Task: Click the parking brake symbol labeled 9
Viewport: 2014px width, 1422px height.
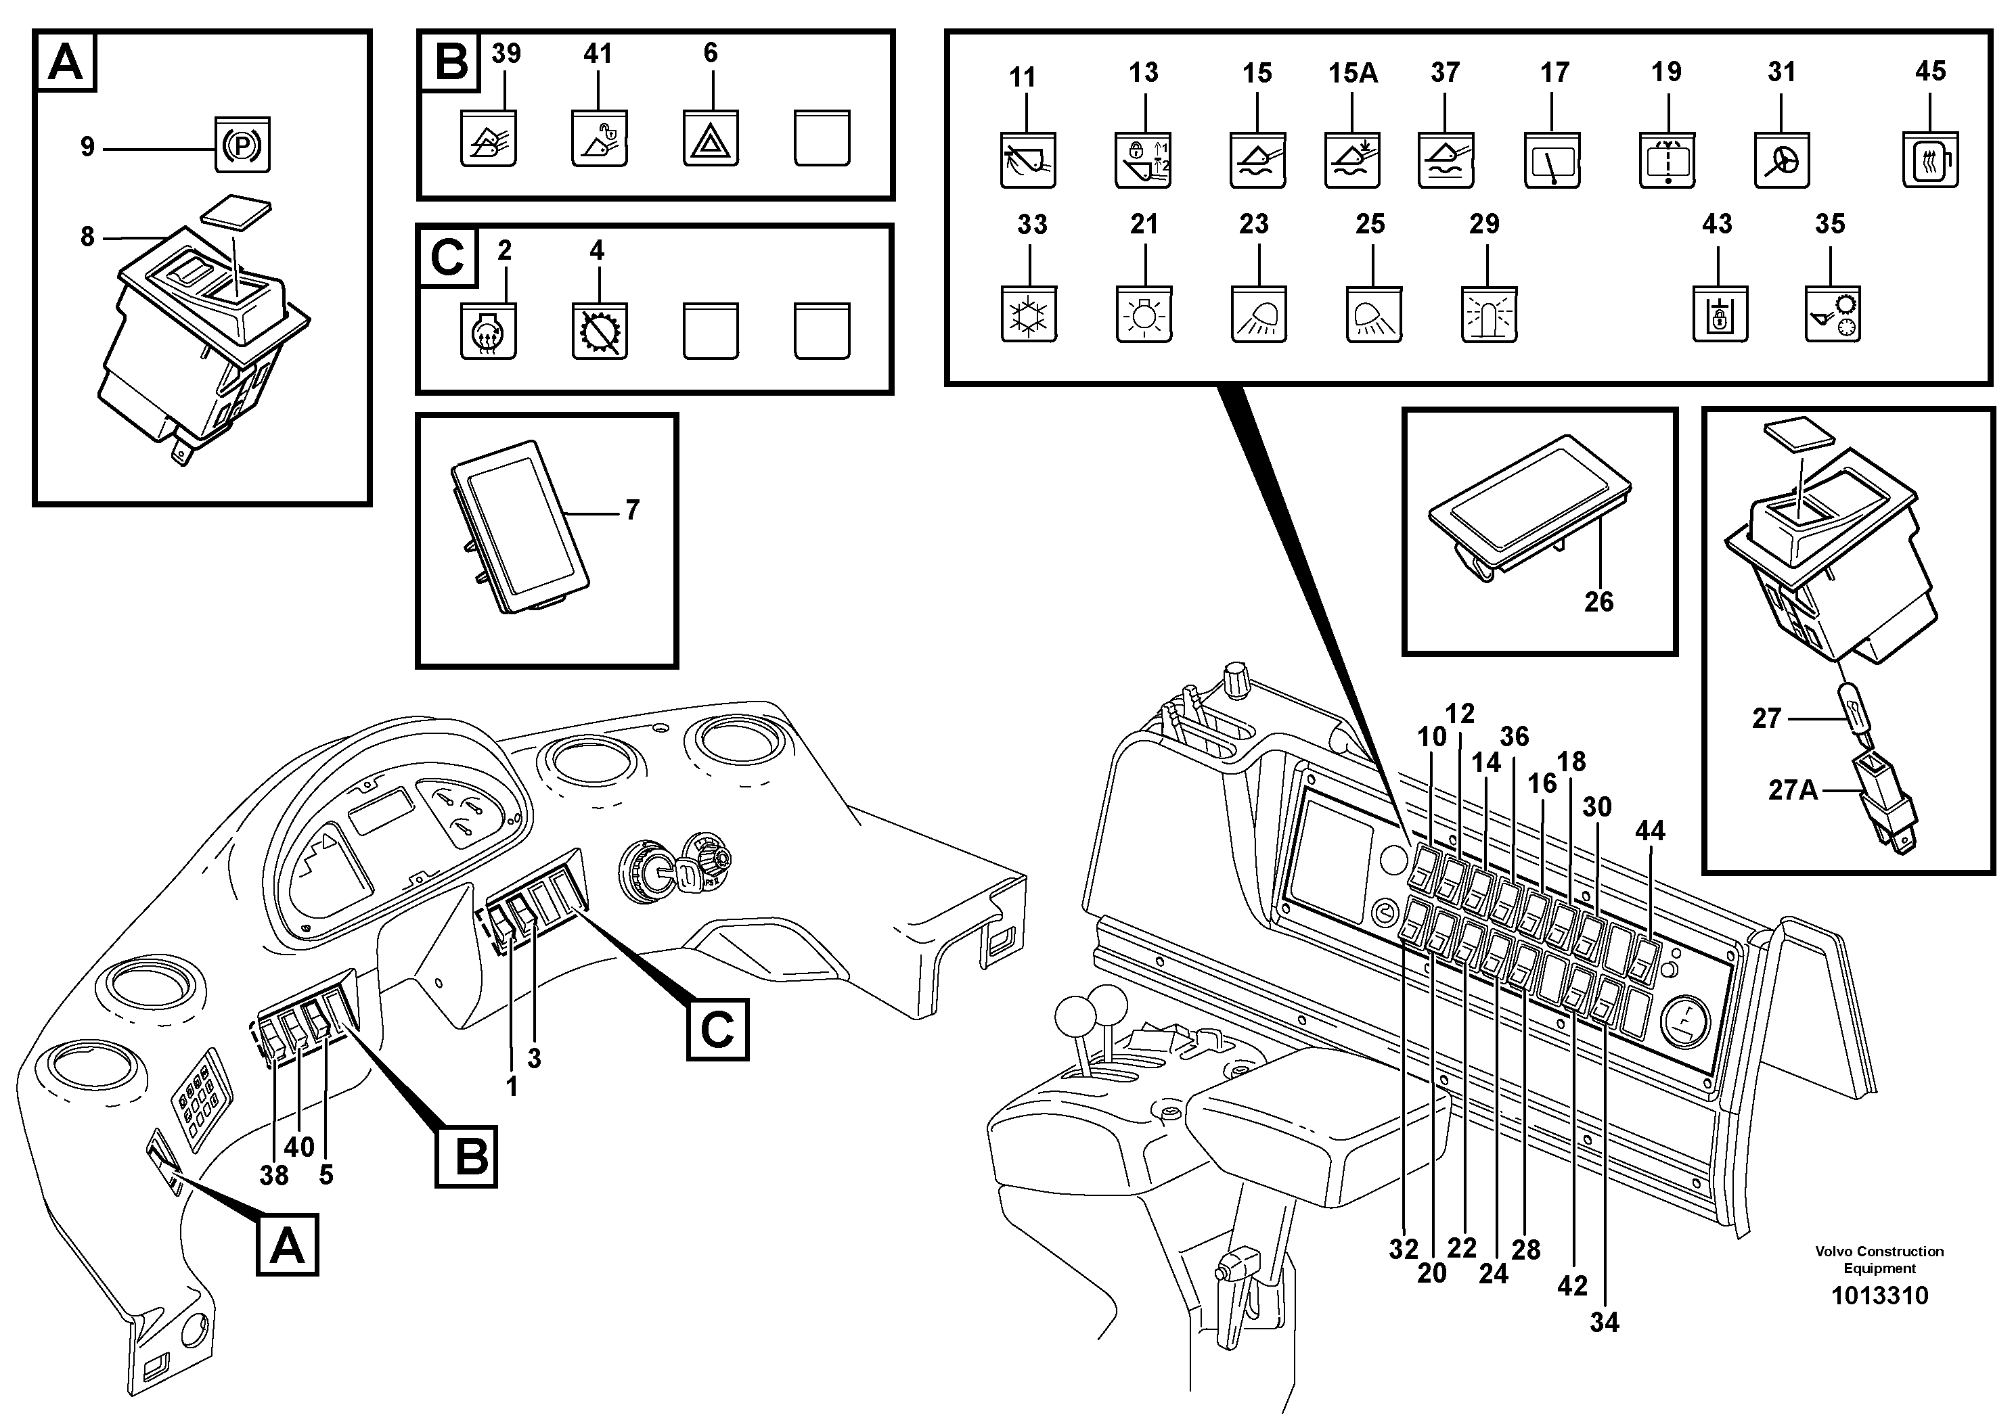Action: coord(242,145)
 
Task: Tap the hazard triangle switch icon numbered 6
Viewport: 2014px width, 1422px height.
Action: coord(710,139)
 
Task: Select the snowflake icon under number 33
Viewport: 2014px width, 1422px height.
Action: coord(1028,313)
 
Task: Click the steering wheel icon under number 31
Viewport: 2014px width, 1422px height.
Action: coord(1782,160)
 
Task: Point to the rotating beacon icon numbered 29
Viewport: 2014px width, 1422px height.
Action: coord(1489,313)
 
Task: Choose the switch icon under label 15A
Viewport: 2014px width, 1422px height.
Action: coord(1351,160)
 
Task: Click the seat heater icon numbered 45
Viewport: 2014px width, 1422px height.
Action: coord(1930,160)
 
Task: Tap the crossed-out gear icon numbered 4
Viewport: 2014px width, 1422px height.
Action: coord(599,331)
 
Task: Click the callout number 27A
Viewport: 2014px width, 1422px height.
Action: coord(1792,790)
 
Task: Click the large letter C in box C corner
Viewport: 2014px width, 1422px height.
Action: coord(447,258)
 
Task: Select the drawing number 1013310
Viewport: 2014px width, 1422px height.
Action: coord(1879,1295)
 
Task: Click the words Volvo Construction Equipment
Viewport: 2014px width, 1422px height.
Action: coord(1879,1259)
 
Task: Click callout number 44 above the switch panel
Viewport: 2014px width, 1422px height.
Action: coord(1649,830)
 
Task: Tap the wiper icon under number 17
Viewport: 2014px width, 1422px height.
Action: coord(1552,160)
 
